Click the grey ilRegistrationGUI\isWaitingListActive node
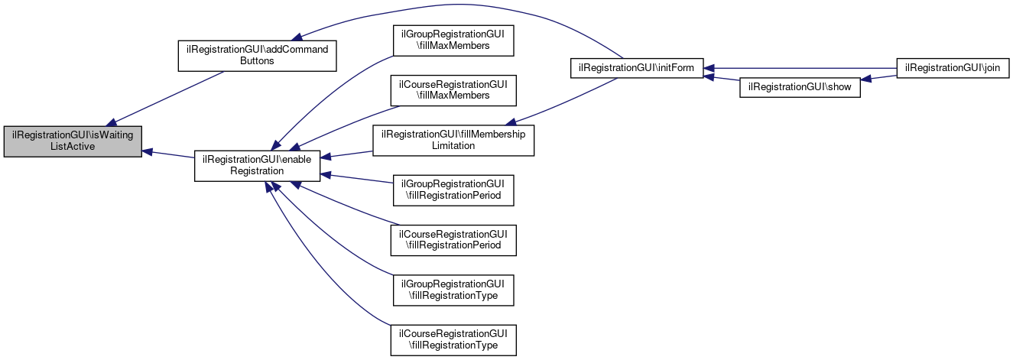point(73,141)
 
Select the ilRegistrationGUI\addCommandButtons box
point(258,55)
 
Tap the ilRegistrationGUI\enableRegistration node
point(257,166)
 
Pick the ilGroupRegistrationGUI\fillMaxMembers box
point(453,40)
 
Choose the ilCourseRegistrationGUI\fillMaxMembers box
point(453,89)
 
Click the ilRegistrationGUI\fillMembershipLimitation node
point(453,140)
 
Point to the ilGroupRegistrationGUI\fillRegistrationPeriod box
point(453,190)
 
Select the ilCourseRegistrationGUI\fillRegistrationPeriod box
point(453,240)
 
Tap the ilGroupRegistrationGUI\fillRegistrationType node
point(453,290)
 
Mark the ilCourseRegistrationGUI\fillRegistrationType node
point(453,340)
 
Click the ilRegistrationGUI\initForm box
point(637,68)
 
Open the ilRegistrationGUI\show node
point(800,88)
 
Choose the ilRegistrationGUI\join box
point(953,68)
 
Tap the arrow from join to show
point(879,79)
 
